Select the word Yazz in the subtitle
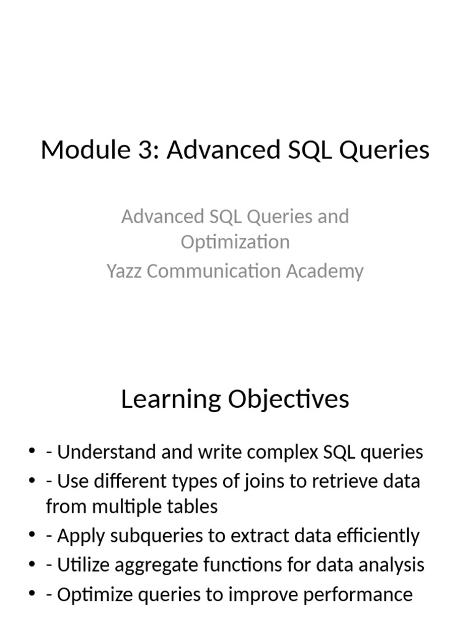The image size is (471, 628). pos(124,270)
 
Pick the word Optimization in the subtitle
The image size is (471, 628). pos(235,242)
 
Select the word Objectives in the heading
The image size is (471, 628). pos(288,399)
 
